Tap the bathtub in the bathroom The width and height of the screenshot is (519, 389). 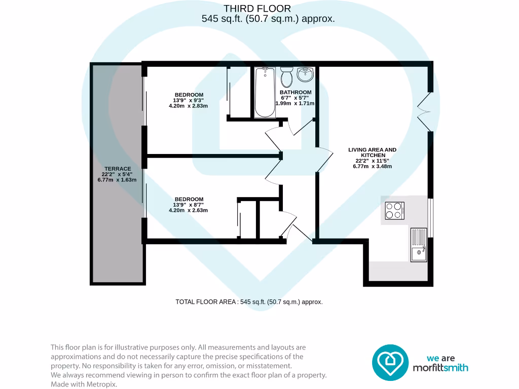264,92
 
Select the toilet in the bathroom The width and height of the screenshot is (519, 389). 286,78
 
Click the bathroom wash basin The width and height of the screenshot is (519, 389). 305,75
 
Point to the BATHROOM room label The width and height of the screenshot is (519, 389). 295,92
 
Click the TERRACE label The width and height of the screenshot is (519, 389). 118,169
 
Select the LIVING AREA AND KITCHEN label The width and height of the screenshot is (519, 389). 372,152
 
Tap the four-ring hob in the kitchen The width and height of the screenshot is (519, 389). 395,210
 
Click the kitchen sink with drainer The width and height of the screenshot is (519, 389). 418,244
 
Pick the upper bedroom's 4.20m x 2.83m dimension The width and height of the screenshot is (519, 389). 189,106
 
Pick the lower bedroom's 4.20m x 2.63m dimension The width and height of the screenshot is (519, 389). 189,210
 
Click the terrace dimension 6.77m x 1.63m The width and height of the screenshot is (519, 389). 117,180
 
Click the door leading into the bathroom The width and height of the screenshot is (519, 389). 299,127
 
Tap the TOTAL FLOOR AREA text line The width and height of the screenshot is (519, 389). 249,302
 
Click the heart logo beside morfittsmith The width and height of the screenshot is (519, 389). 390,362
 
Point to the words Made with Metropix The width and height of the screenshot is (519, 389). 84,384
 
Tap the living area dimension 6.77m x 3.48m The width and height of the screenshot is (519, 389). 372,167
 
